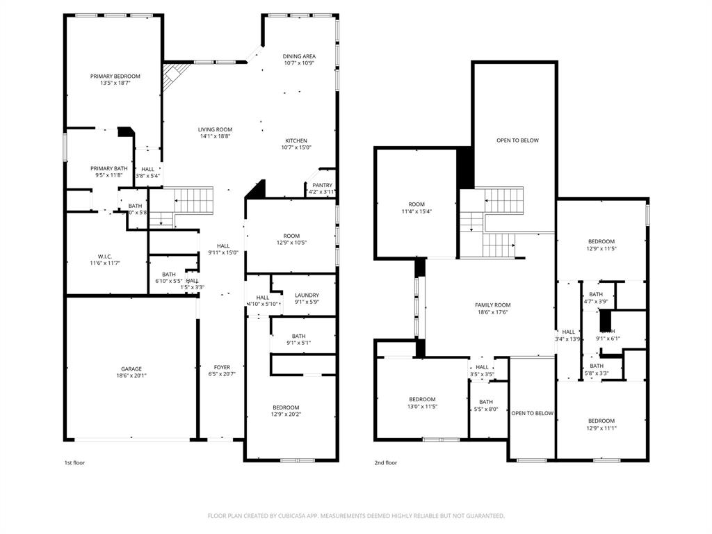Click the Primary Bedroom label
[115, 76]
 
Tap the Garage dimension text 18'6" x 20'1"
[131, 376]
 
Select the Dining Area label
[299, 56]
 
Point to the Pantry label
[322, 185]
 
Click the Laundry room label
[307, 295]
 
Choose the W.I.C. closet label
[105, 255]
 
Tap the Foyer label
[222, 367]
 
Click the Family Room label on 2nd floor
[492, 305]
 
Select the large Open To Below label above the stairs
[517, 140]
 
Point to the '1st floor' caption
[74, 462]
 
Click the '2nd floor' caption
[385, 462]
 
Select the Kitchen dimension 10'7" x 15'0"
[296, 147]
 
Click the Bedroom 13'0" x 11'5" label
[422, 399]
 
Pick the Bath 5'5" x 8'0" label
[485, 402]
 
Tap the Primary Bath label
[108, 168]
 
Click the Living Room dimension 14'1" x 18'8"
[215, 136]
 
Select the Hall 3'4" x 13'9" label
[568, 332]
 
